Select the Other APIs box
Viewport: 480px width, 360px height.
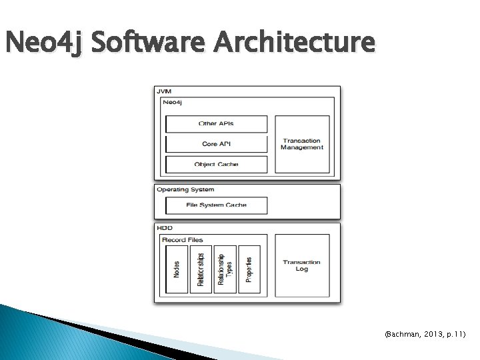(x=216, y=124)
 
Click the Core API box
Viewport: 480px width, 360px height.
(x=216, y=144)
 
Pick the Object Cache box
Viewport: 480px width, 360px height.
(x=216, y=164)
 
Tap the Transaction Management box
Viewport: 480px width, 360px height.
(x=302, y=144)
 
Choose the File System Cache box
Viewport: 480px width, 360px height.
(x=216, y=205)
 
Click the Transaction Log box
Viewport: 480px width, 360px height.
(x=302, y=265)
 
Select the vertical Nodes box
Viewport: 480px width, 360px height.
(x=176, y=269)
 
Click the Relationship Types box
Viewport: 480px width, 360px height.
(x=225, y=269)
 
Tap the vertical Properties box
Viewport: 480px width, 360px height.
(x=249, y=269)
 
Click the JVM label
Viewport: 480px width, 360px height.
(x=163, y=91)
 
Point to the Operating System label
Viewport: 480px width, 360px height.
(x=185, y=190)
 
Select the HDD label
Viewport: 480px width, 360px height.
(x=164, y=228)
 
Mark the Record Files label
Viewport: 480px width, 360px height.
(x=182, y=239)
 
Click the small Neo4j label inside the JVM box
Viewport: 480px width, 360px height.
(x=172, y=102)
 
